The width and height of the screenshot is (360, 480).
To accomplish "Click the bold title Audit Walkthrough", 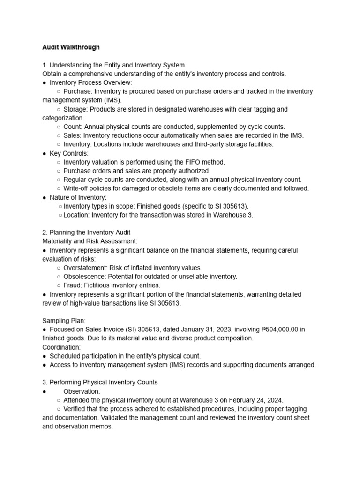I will coord(71,47).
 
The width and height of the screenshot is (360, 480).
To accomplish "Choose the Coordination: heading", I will coord(61,347).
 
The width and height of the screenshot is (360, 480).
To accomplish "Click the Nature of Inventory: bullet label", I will coord(78,197).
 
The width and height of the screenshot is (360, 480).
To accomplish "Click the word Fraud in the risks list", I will coord(72,285).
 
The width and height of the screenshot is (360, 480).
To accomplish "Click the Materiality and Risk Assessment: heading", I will coord(90,241).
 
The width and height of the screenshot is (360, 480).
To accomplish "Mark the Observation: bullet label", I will coord(82,391).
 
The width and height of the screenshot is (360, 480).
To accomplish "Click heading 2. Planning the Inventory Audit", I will coord(87,232).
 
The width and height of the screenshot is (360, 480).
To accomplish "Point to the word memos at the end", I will coord(104,427).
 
